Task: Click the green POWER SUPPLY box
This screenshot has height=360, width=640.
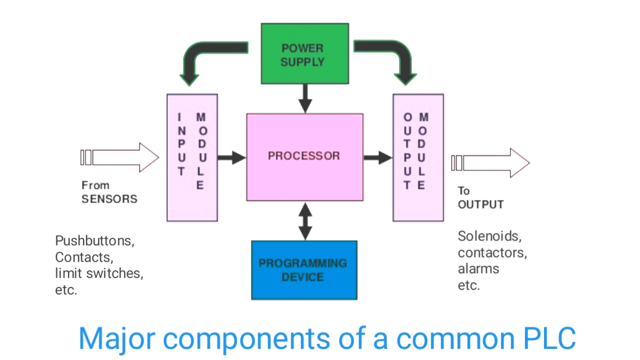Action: tap(304, 53)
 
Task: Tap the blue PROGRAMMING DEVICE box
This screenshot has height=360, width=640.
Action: tap(304, 270)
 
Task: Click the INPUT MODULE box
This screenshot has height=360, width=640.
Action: tap(192, 157)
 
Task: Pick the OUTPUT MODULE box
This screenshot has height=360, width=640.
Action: tap(418, 157)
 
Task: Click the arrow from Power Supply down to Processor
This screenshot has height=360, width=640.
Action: tap(305, 98)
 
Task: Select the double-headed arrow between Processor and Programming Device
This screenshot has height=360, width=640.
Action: tap(305, 220)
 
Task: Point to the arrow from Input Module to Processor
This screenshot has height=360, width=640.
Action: tap(231, 158)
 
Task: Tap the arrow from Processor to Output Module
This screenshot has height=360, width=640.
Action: tap(378, 158)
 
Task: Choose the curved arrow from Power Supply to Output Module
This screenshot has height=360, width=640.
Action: tap(395, 55)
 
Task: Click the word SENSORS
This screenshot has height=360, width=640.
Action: tap(109, 199)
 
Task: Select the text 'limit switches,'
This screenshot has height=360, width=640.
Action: tap(99, 273)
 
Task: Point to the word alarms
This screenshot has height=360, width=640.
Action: tap(478, 268)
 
